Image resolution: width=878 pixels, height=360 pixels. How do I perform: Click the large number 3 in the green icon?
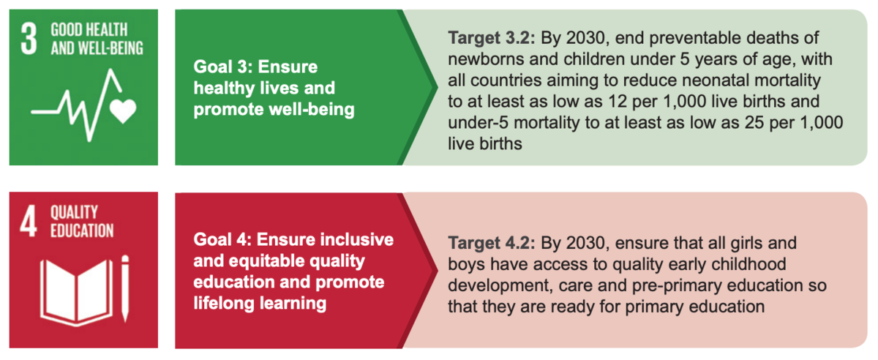coord(29,39)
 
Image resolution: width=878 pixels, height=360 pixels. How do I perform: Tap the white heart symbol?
coord(123,111)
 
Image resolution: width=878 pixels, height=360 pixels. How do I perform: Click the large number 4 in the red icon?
coord(29,221)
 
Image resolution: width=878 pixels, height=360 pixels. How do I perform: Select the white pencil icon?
coord(125,288)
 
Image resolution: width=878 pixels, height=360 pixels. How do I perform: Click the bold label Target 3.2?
coord(492,38)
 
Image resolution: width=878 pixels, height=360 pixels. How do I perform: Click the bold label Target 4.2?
coord(492,243)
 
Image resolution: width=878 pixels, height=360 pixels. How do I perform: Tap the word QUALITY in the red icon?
coord(74,212)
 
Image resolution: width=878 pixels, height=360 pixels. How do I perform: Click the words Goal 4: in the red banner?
coord(222,239)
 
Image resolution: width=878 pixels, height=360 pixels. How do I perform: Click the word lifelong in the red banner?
coord(223,304)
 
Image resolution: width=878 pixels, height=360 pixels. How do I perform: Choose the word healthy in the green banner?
coord(224,89)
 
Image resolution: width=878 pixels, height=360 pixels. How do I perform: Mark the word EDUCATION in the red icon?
coord(82,230)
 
